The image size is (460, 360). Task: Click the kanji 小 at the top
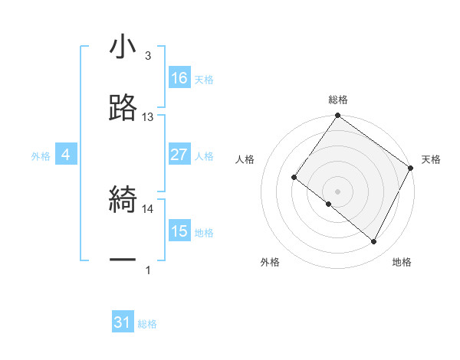tap(123, 47)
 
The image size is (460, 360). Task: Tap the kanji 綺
tap(123, 199)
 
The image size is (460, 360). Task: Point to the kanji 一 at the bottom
tap(123, 260)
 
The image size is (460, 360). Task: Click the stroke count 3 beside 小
tap(148, 56)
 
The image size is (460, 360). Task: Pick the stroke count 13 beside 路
tap(148, 117)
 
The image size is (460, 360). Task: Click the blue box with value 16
tap(179, 78)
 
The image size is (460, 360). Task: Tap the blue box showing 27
tap(179, 155)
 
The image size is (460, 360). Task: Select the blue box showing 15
tap(179, 231)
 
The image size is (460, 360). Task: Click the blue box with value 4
tap(66, 155)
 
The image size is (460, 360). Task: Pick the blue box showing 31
tap(123, 323)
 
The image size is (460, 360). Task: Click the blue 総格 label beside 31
tap(147, 325)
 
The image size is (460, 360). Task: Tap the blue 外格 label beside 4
tap(41, 156)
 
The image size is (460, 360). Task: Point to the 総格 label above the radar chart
tap(338, 100)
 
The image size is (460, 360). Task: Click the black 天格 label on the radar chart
tap(431, 159)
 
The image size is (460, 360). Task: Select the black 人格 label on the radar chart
tap(245, 159)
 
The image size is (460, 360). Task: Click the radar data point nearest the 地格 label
tap(374, 242)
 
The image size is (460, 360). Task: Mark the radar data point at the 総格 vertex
tap(338, 116)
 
